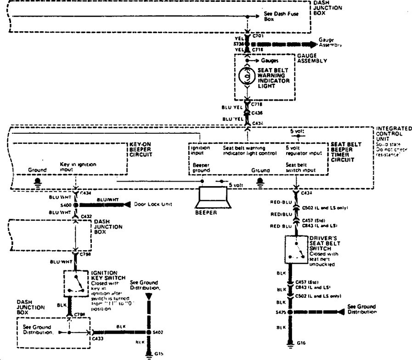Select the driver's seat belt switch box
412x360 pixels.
296,250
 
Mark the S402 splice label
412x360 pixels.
158,331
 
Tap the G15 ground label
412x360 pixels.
158,354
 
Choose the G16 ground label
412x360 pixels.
301,343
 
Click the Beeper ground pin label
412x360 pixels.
201,168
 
